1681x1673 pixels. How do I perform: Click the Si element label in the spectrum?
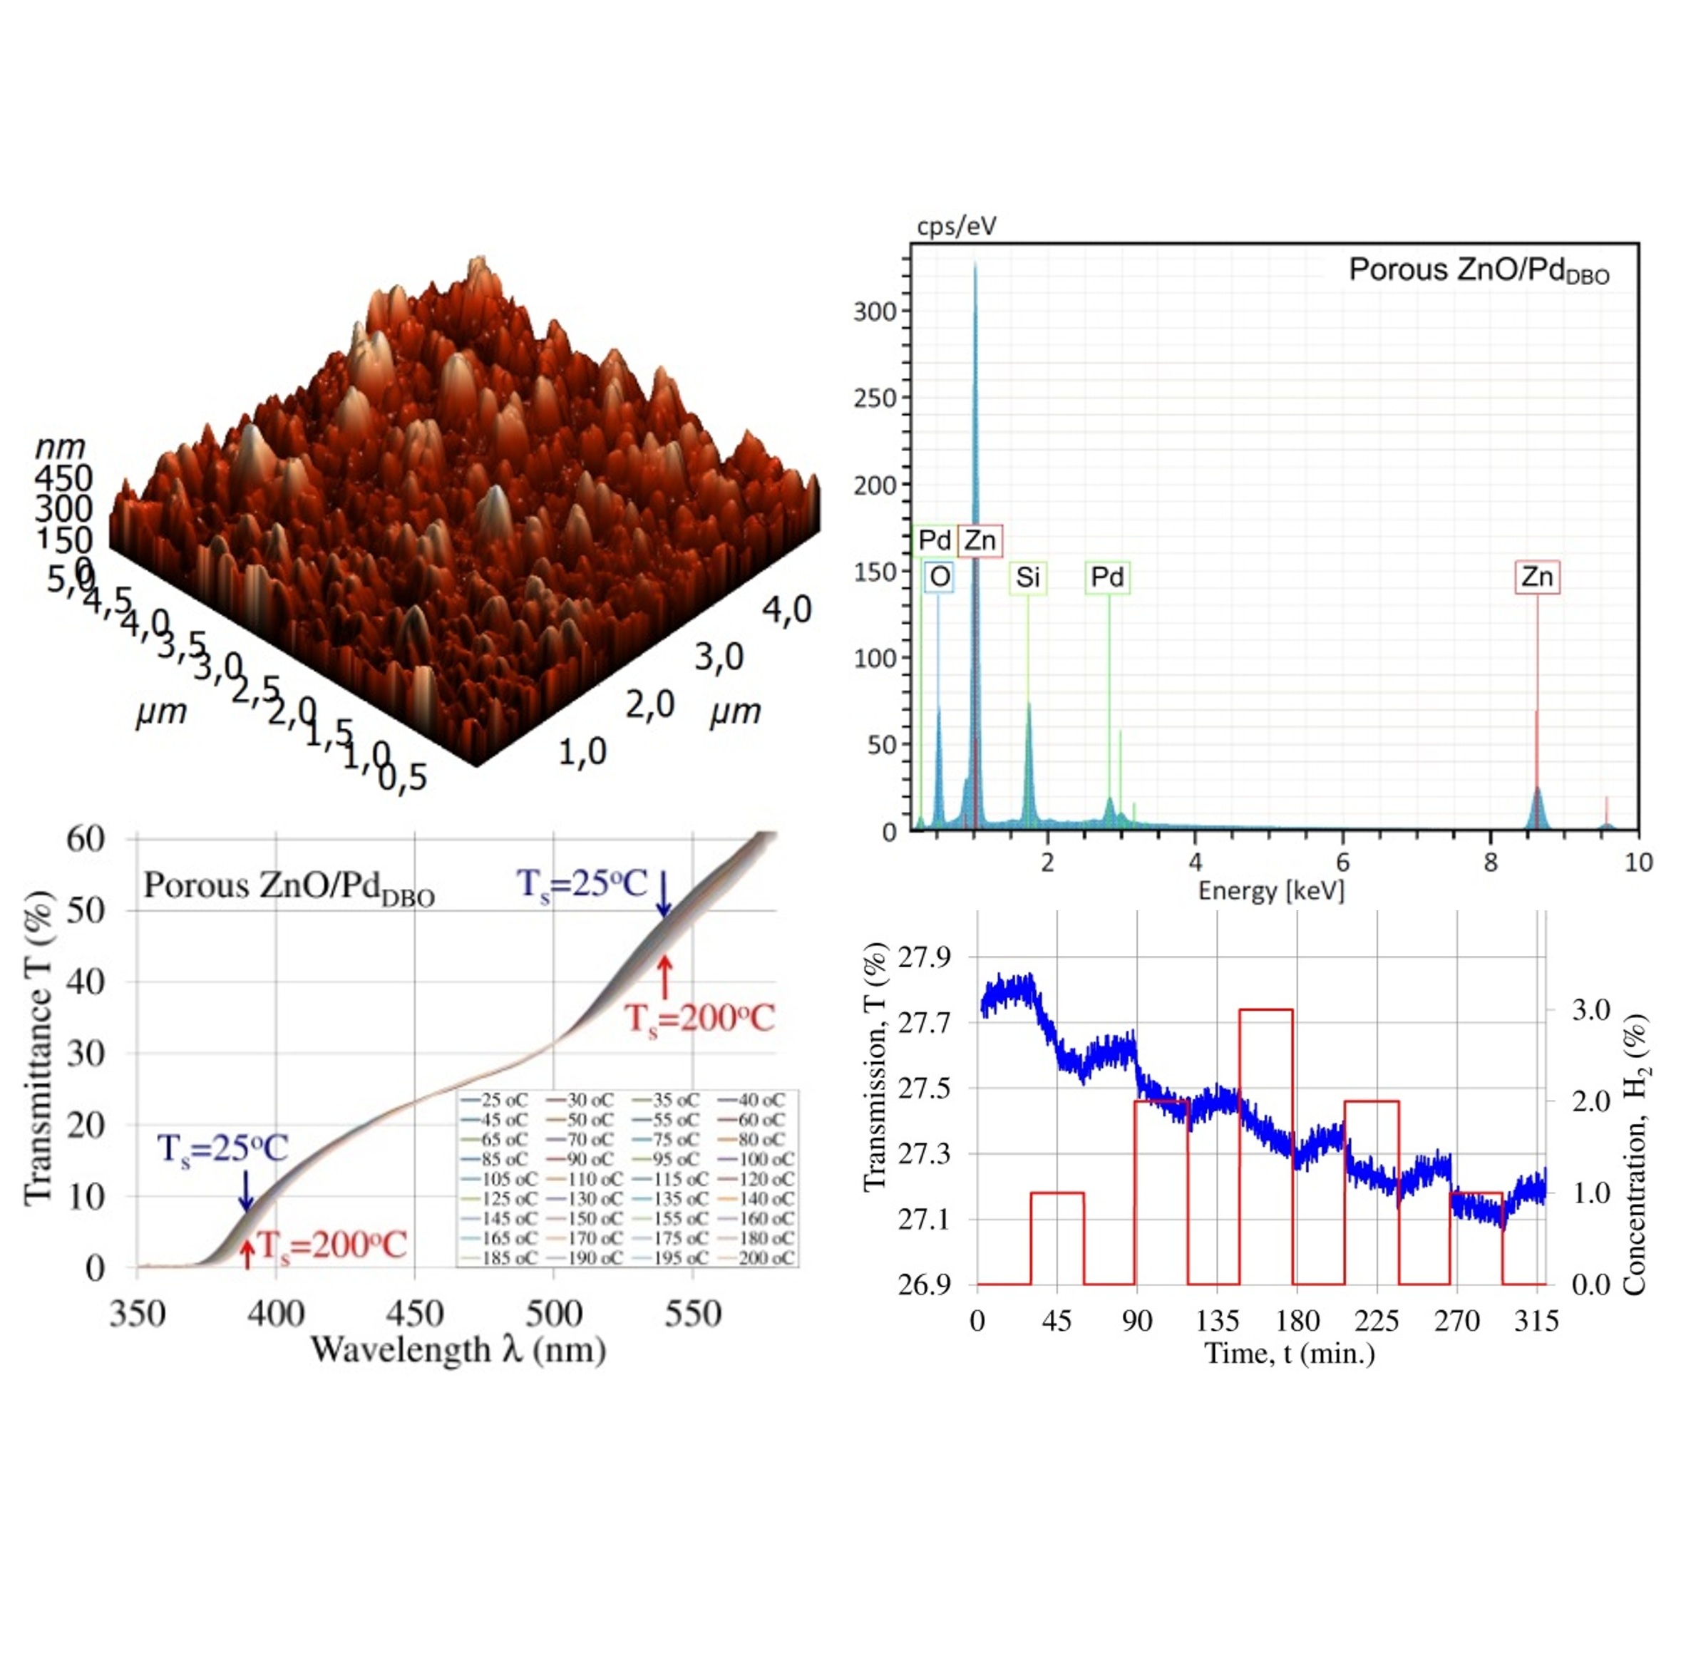click(1027, 577)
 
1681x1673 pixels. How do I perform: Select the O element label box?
click(940, 577)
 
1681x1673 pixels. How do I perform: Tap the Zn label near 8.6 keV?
click(1536, 577)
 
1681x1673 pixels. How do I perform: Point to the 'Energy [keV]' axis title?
click(1270, 890)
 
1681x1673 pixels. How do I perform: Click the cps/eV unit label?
click(956, 226)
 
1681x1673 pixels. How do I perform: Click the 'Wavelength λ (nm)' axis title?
click(458, 1349)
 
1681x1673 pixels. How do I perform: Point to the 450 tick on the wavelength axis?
click(414, 1313)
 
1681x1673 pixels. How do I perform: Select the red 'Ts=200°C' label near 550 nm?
click(699, 1018)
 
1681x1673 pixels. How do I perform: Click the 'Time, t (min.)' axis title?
click(1290, 1354)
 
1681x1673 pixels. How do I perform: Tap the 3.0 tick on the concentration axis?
click(1590, 1010)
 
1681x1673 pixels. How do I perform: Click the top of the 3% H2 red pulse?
click(1265, 1010)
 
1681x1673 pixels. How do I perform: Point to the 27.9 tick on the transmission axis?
click(924, 958)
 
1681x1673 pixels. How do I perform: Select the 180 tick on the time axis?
click(1297, 1322)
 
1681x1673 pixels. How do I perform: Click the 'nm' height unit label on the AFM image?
click(60, 446)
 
